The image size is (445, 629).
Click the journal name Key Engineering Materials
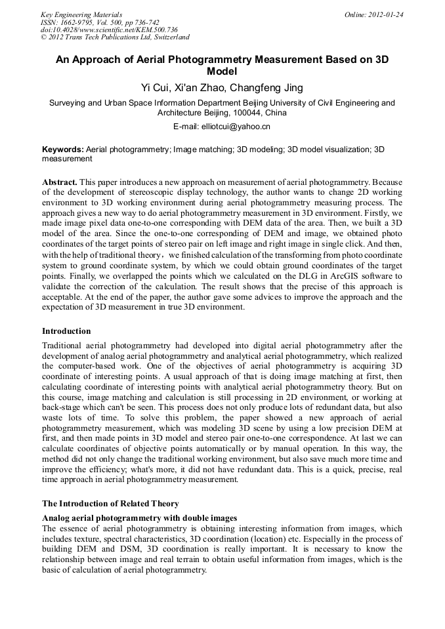pos(81,14)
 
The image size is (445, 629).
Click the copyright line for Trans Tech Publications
pos(115,37)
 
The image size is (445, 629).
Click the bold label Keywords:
pos(63,150)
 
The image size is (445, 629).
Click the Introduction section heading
pos(66,331)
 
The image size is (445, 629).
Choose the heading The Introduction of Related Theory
pos(110,504)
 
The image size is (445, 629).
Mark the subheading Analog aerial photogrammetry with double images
pos(139,517)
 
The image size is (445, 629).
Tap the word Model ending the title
pos(222,71)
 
